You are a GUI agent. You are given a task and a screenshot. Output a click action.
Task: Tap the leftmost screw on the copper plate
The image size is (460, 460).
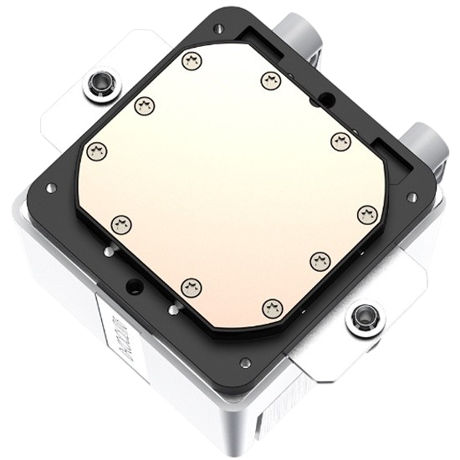(97, 151)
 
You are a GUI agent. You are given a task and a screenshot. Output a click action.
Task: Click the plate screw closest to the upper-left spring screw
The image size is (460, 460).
(142, 105)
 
